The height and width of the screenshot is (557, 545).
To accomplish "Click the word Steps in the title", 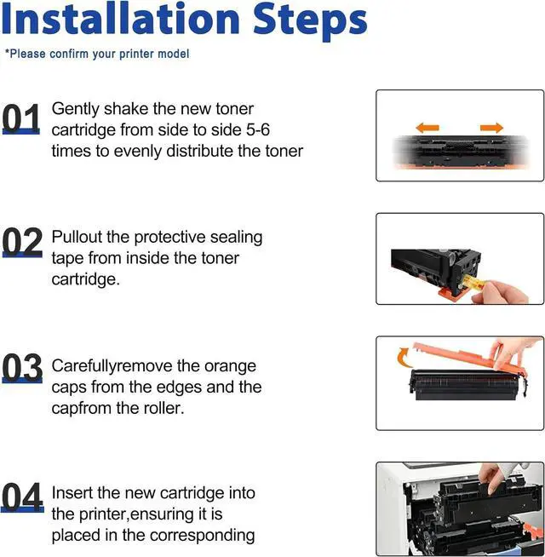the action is [x=310, y=22].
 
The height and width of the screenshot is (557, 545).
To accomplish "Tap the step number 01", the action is [x=21, y=118].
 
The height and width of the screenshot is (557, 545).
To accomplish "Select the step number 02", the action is [x=22, y=242].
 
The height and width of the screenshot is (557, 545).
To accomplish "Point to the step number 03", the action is [x=22, y=369].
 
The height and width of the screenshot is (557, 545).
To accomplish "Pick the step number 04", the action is [x=22, y=497].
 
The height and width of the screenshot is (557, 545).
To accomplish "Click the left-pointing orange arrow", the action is [x=427, y=128].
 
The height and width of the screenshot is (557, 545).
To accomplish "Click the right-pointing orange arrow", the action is [x=491, y=128].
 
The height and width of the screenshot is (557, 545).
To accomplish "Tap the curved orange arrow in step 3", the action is [x=404, y=358].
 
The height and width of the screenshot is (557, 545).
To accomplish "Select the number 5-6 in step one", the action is [x=258, y=129].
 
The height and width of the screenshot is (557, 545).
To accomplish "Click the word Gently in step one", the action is [x=75, y=109].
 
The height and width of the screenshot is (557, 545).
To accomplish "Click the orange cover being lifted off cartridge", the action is [x=468, y=357].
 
